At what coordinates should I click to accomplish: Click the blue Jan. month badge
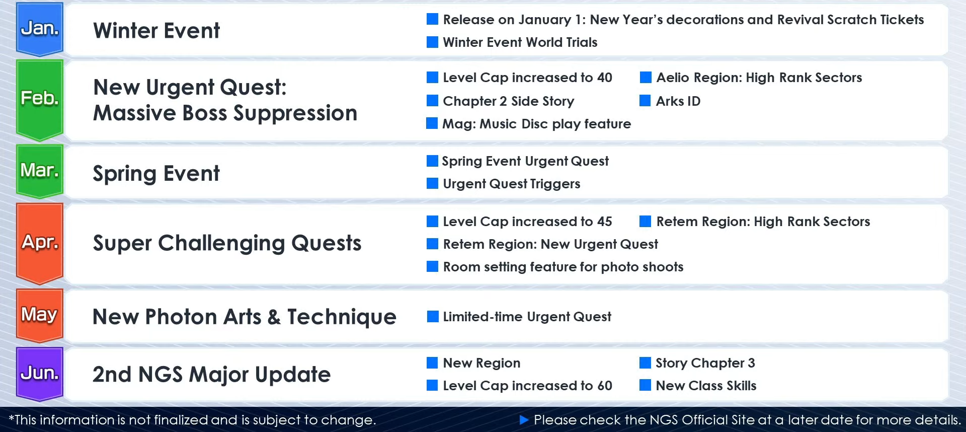coord(40,29)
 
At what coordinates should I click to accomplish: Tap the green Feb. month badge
coord(40,100)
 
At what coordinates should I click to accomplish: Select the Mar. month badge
coord(40,171)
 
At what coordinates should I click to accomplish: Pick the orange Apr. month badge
coord(40,243)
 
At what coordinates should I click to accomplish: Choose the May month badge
coord(40,315)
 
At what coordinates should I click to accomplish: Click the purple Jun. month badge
coord(40,374)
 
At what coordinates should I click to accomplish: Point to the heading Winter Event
coord(156,31)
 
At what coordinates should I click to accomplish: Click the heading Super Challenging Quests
coord(227,243)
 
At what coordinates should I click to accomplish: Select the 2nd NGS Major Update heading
coord(212,374)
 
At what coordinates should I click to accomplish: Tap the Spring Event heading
coord(156,174)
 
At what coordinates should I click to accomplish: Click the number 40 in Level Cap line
coord(605,78)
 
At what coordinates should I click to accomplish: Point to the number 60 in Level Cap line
coord(605,386)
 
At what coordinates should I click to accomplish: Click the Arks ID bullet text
coord(678,101)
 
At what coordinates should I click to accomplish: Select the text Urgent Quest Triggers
coord(512,184)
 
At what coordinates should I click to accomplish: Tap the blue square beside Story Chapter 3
coord(645,363)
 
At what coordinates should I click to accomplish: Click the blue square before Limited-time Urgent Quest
coord(433,316)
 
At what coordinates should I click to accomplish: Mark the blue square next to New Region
coord(432,363)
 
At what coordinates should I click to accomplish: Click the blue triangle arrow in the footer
coord(524,419)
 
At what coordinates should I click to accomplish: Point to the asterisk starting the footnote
coord(12,417)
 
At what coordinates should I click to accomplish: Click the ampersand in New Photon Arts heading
coord(274,317)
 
